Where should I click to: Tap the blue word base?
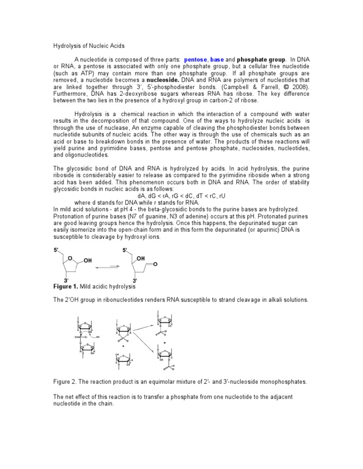[x=217, y=60]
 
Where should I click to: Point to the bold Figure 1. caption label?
[x=67, y=286]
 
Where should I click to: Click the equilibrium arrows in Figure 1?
[x=107, y=267]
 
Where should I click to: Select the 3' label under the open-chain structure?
[x=135, y=280]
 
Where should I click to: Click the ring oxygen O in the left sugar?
[x=69, y=258]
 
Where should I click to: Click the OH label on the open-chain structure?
[x=140, y=259]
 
